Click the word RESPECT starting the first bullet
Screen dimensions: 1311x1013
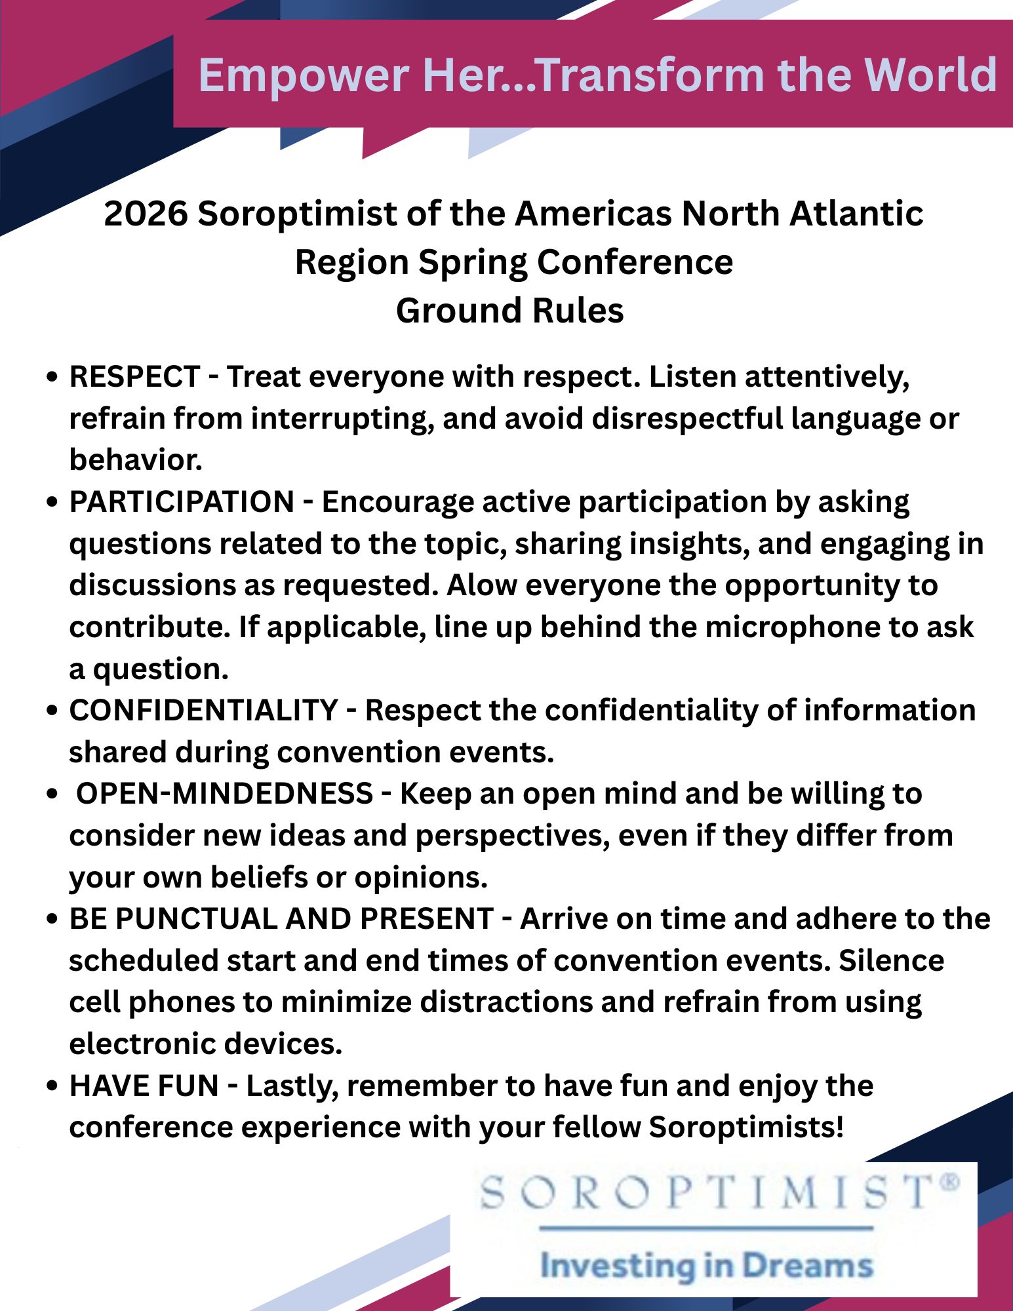point(134,377)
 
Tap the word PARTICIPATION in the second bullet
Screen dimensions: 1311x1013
point(182,502)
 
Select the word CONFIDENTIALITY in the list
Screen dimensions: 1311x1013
point(203,711)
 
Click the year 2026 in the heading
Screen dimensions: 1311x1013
point(145,214)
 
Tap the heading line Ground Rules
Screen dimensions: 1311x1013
point(509,311)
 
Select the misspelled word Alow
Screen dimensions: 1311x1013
point(482,585)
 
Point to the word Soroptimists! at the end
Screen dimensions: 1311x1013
point(745,1127)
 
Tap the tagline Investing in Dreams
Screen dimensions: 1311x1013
point(707,1266)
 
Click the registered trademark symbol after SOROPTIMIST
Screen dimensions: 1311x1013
point(950,1182)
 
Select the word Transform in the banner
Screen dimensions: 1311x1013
point(650,75)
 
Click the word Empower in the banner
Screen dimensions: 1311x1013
point(304,75)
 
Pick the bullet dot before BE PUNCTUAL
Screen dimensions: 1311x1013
point(53,920)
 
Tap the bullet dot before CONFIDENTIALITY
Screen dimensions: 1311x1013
point(53,712)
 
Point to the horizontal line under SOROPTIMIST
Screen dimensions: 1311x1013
point(707,1228)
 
